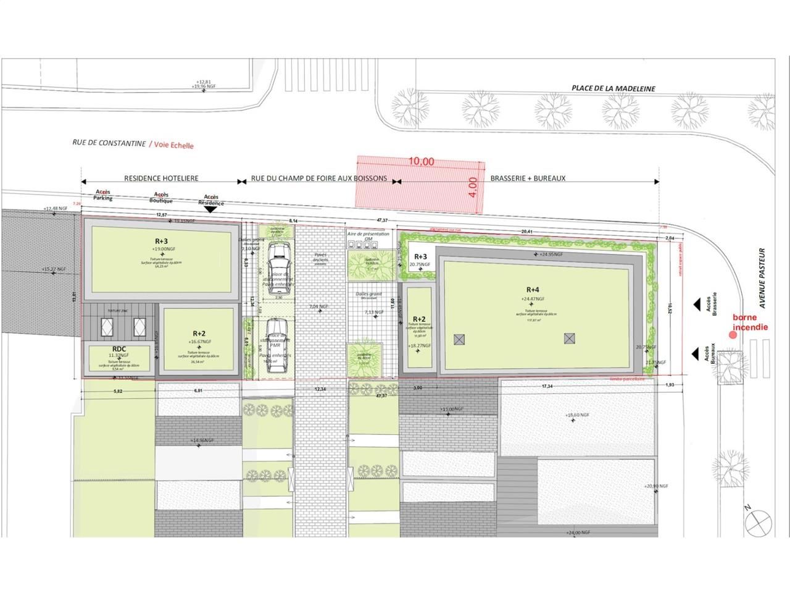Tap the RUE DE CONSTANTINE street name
coord(109,143)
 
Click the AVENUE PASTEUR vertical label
coord(762,279)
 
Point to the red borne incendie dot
coord(733,335)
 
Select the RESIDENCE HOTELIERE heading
coord(161,179)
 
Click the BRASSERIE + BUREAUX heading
coord(528,179)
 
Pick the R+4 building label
coord(533,289)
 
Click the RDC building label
coord(119,348)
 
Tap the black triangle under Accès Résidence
coord(210,210)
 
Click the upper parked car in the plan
coord(279,254)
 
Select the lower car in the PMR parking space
coord(276,347)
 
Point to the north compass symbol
coord(759,523)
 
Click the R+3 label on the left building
coord(161,242)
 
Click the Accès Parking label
coord(103,195)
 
